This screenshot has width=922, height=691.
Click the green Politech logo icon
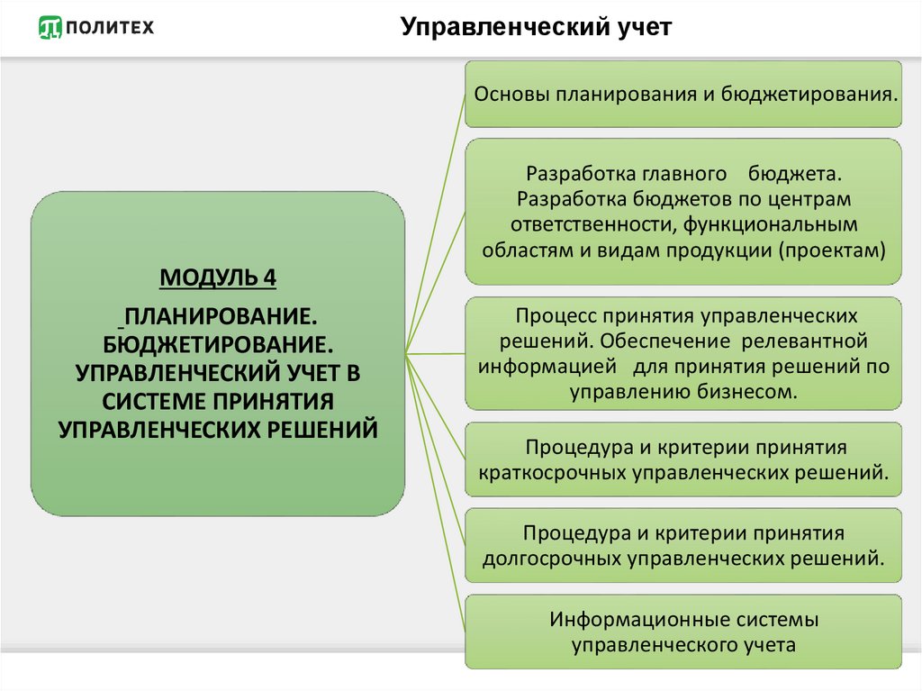pyautogui.click(x=50, y=27)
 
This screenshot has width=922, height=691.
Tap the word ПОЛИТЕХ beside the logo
pyautogui.click(x=110, y=27)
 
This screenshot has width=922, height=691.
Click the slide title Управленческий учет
pyautogui.click(x=536, y=27)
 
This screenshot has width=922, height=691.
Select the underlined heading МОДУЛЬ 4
pyautogui.click(x=218, y=277)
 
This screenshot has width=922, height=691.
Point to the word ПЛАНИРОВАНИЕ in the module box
pyautogui.click(x=221, y=316)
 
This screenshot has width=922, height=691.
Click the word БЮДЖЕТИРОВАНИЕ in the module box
pyautogui.click(x=218, y=344)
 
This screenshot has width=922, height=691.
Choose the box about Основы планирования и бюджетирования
pyautogui.click(x=683, y=95)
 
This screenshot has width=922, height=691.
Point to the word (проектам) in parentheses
pyautogui.click(x=832, y=250)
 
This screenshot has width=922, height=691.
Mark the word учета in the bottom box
pyautogui.click(x=770, y=645)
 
